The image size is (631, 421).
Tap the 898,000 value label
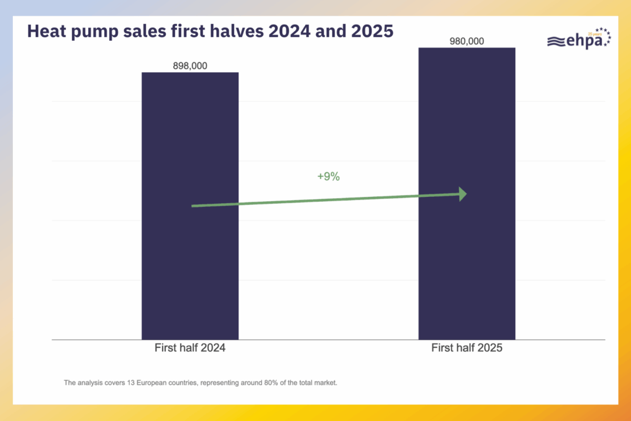click(190, 65)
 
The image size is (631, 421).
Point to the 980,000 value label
click(466, 41)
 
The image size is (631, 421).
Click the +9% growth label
click(328, 177)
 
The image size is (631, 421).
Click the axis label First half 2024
click(190, 348)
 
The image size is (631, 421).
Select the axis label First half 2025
click(466, 348)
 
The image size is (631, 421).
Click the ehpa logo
click(578, 40)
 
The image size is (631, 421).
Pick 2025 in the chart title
click(372, 31)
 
